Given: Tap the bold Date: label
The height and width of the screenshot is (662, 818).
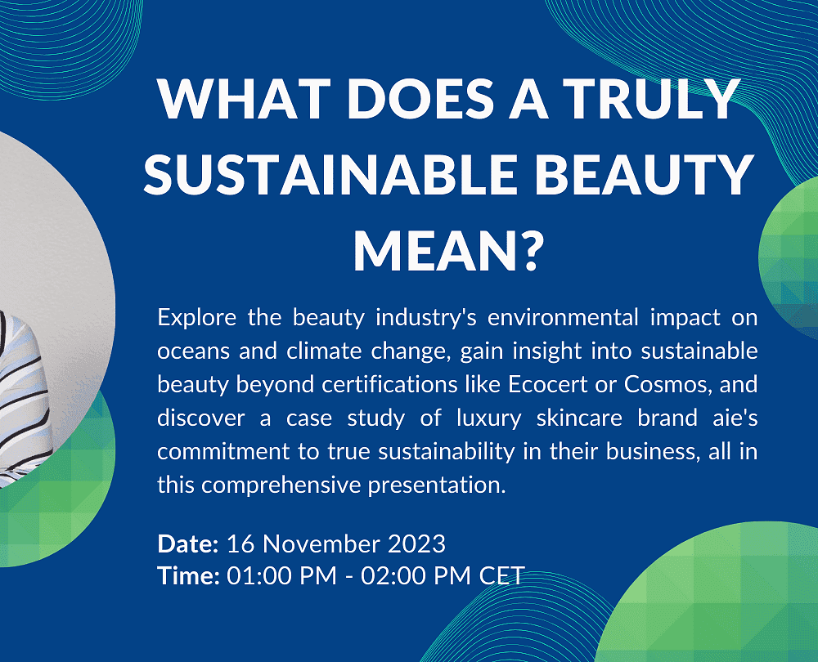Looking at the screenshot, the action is click(x=188, y=543).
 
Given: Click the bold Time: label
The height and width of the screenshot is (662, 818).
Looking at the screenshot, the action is click(x=188, y=575).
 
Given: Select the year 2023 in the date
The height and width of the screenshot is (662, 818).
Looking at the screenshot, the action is click(x=417, y=543).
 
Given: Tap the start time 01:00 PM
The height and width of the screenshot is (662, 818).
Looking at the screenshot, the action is click(x=281, y=575).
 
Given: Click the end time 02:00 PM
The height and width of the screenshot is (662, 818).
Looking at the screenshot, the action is click(x=416, y=575).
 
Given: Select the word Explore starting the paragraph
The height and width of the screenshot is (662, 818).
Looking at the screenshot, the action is click(x=196, y=317).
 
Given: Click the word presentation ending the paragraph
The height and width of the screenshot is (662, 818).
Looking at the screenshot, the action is click(x=437, y=485).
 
